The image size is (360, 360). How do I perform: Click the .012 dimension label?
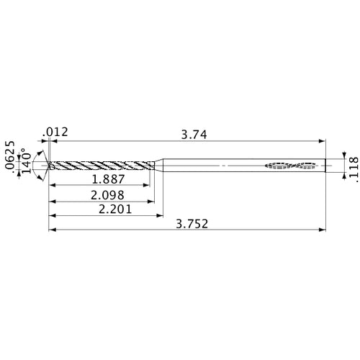[x=56, y=131]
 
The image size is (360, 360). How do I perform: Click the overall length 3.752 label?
[x=192, y=225]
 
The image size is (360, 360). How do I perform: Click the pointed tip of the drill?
[x=49, y=166]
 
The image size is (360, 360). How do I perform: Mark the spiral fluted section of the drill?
[x=101, y=166]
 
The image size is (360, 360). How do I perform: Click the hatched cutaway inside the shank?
[x=292, y=166]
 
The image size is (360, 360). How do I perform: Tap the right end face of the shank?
[x=325, y=166]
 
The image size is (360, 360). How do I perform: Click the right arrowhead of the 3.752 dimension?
[x=322, y=230]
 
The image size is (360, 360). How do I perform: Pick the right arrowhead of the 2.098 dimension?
[x=153, y=200]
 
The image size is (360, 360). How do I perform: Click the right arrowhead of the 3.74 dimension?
[x=322, y=140]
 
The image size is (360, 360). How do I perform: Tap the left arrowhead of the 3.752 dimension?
[x=52, y=230]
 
